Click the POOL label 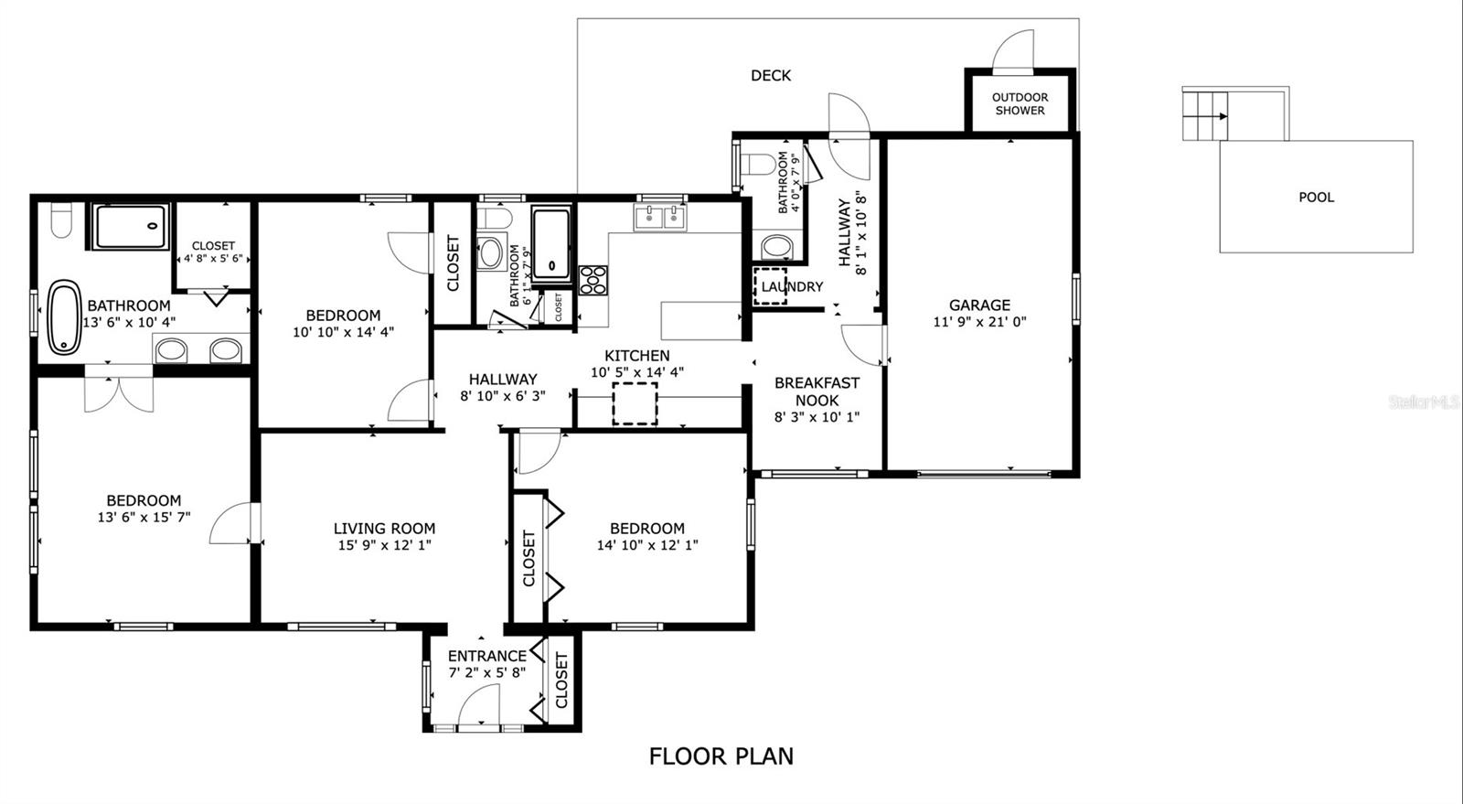coord(1316,197)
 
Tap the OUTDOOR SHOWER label coord(1020,103)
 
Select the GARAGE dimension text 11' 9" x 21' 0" coord(979,322)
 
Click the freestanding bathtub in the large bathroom coord(64,317)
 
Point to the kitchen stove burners coord(592,279)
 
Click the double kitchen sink coord(659,218)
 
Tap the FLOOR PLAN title coord(721,756)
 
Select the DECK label coord(770,76)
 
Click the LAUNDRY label coord(792,286)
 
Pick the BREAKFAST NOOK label coord(817,391)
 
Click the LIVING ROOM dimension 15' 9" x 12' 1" coord(384,545)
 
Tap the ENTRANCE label coord(486,656)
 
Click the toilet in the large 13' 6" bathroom coord(60,220)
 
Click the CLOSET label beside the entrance coord(561,681)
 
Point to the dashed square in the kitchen coord(635,403)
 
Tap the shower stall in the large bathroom coord(130,226)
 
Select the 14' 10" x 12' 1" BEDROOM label coord(646,528)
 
